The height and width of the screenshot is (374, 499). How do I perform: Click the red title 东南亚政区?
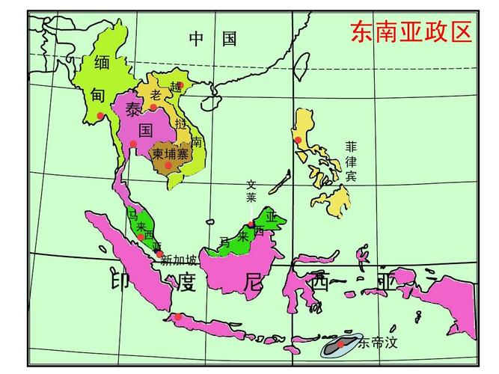[411, 32]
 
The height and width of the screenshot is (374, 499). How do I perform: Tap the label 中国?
[212, 39]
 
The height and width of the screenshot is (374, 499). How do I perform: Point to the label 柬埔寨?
[170, 153]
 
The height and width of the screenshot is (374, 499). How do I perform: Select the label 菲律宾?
[351, 161]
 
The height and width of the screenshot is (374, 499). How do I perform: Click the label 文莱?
[251, 191]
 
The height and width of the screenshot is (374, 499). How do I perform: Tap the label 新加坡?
[179, 260]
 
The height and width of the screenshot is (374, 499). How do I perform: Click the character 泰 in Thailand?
[133, 110]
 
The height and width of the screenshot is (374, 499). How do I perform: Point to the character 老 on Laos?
[155, 94]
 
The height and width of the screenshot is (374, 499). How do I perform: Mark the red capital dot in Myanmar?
[100, 115]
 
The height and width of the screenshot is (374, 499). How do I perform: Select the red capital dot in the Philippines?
[298, 140]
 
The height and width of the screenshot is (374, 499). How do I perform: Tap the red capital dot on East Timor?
[340, 345]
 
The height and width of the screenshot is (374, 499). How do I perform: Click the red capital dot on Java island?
[178, 317]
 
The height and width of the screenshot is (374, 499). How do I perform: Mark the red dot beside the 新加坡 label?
[160, 254]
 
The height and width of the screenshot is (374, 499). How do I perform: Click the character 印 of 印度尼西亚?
[123, 280]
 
